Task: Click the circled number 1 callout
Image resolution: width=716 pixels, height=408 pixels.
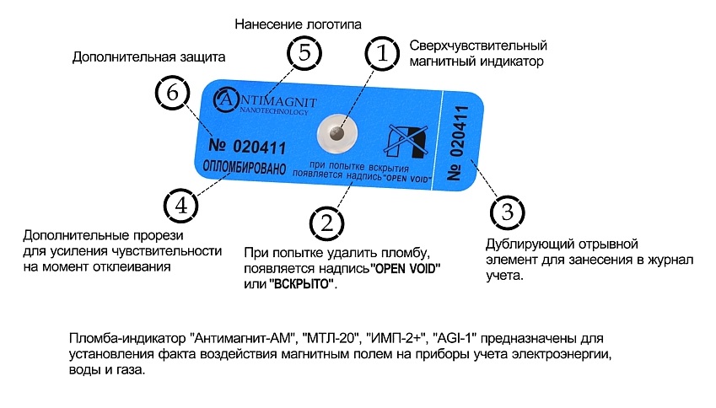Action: (x=382, y=53)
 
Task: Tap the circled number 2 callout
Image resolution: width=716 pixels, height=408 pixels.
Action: (x=326, y=223)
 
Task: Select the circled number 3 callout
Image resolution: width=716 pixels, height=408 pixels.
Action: (x=508, y=212)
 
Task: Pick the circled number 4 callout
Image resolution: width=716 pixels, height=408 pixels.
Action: (x=181, y=206)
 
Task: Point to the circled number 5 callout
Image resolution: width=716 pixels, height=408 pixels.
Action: (x=304, y=52)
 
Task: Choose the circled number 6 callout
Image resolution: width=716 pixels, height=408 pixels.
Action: (x=173, y=93)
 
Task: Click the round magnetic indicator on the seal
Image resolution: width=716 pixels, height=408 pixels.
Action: (x=337, y=134)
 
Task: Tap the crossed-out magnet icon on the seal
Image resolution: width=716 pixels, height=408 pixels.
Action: (x=406, y=141)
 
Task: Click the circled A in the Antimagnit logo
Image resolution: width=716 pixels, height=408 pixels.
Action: (x=225, y=99)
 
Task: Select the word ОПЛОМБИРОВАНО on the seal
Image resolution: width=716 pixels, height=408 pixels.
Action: (x=245, y=168)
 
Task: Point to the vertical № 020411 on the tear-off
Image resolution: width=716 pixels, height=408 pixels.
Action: (x=458, y=142)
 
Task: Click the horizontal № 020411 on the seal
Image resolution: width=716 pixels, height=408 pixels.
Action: (x=247, y=146)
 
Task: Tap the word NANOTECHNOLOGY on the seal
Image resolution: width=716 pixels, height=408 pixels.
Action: (x=274, y=111)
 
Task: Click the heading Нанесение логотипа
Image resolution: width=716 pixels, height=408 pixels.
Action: (x=298, y=24)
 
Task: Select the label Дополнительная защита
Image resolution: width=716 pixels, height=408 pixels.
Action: (x=149, y=57)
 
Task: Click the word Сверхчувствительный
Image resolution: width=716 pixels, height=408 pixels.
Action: (x=478, y=46)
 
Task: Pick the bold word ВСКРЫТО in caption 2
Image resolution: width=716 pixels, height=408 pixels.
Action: (x=300, y=284)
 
